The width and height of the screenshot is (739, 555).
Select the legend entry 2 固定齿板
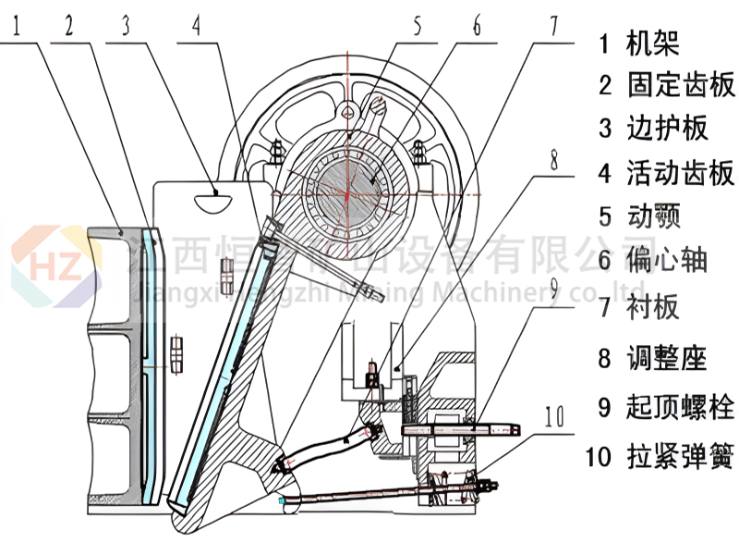666,85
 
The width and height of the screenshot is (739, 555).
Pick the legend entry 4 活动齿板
666,172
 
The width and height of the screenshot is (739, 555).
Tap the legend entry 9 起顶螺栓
666,406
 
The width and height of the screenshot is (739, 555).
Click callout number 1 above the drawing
19,25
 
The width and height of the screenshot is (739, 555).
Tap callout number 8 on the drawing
554,160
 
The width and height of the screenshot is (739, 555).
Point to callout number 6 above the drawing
477,25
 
